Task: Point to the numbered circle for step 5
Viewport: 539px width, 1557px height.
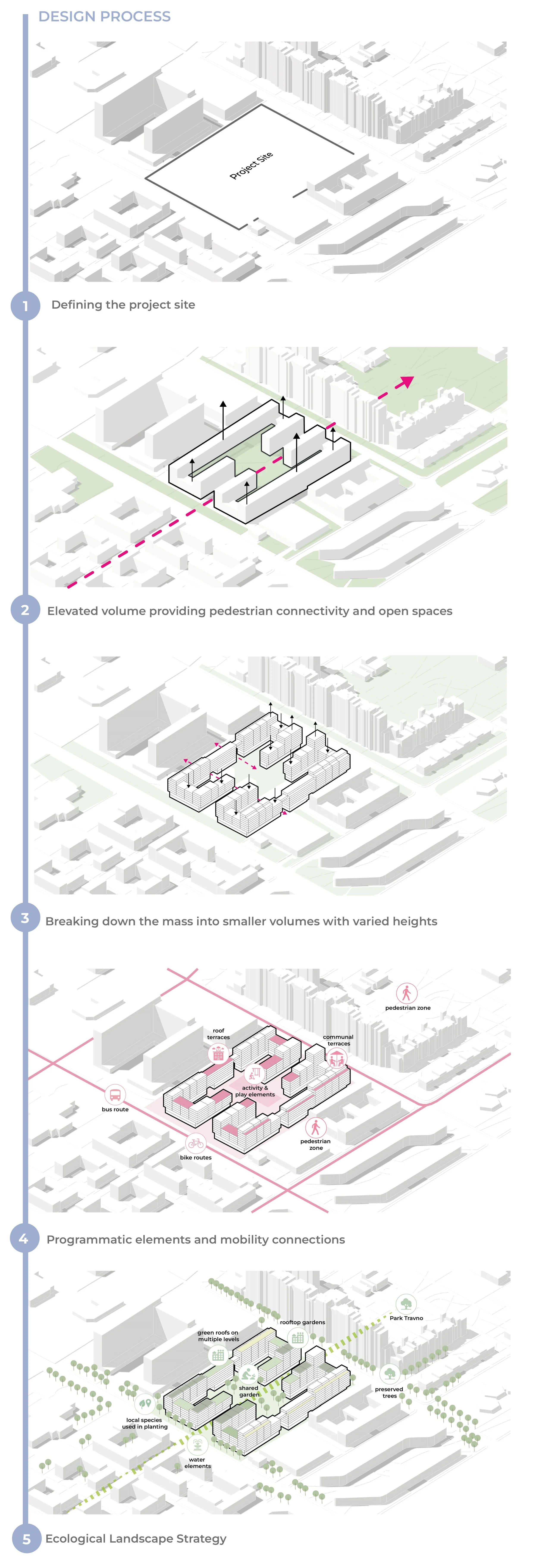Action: click(26, 1539)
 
